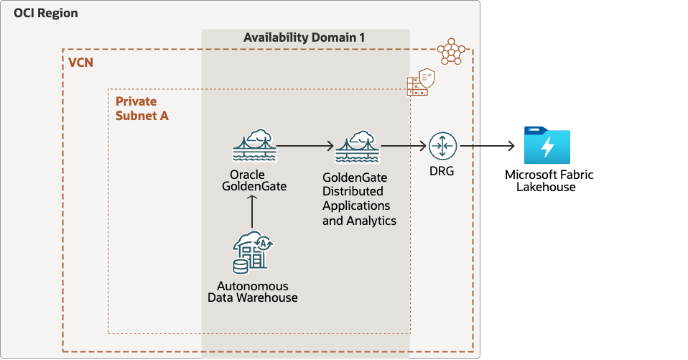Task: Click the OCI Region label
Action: (x=46, y=14)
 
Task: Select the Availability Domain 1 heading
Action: (x=305, y=37)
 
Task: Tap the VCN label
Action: (x=80, y=63)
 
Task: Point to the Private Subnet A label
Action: (x=142, y=109)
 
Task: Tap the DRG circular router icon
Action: (x=442, y=147)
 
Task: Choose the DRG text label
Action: (x=442, y=173)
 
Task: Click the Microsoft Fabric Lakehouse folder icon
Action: (x=547, y=146)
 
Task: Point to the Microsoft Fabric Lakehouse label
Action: (x=549, y=180)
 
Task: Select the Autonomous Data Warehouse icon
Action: (x=253, y=254)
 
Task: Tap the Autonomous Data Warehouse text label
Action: (x=252, y=291)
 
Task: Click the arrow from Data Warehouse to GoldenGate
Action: (x=253, y=213)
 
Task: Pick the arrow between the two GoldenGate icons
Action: (x=306, y=147)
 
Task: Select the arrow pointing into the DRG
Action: (x=403, y=147)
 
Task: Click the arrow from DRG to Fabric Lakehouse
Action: (x=488, y=147)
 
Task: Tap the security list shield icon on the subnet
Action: (x=421, y=83)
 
